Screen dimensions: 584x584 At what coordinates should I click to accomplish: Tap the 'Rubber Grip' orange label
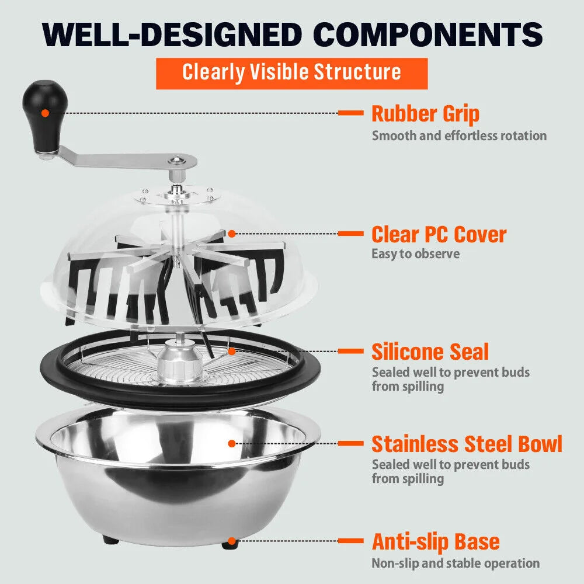click(x=425, y=113)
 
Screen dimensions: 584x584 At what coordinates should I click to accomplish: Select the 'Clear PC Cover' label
click(x=439, y=234)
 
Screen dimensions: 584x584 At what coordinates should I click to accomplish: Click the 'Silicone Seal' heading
click(x=430, y=352)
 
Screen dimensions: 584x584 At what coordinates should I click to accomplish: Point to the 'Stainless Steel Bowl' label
click(x=467, y=444)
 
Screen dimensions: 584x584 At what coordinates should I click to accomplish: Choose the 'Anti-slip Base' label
click(x=436, y=541)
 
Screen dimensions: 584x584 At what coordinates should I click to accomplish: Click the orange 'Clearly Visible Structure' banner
click(x=291, y=72)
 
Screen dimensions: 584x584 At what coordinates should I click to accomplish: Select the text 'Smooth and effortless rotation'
click(x=460, y=136)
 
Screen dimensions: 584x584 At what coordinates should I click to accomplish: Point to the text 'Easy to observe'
click(x=416, y=254)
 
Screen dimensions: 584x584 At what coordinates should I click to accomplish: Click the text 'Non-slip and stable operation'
click(x=456, y=564)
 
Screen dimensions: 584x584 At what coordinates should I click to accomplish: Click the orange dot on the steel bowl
click(x=232, y=444)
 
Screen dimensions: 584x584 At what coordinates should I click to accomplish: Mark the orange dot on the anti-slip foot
click(x=232, y=541)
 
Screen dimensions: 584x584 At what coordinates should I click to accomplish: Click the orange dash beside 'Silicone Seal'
click(x=350, y=352)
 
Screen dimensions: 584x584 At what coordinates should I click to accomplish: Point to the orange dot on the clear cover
click(x=232, y=234)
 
